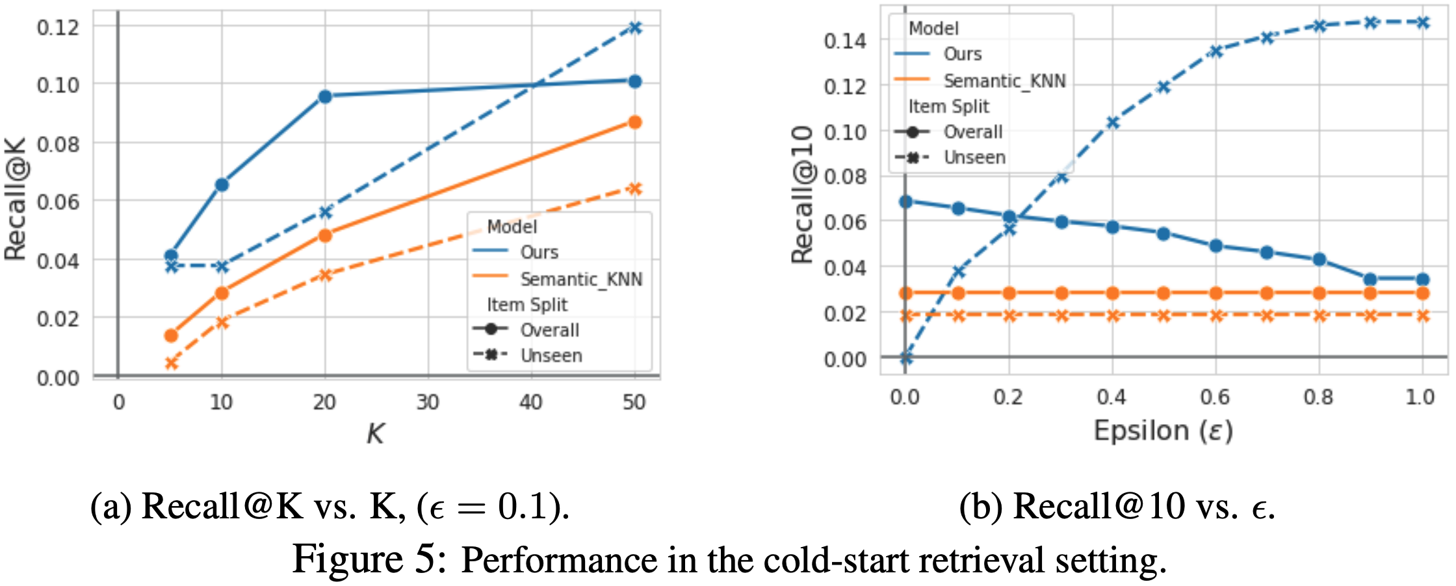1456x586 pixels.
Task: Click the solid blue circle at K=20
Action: click(x=325, y=96)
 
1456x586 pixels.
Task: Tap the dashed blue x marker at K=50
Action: click(x=635, y=27)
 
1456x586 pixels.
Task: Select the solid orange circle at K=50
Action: click(x=635, y=122)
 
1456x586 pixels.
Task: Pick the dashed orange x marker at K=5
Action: click(x=171, y=363)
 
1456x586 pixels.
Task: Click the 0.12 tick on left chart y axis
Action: click(x=58, y=27)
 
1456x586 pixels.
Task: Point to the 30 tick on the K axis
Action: click(x=428, y=402)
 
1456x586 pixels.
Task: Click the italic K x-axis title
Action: click(x=376, y=433)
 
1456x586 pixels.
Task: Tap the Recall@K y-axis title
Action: click(x=16, y=199)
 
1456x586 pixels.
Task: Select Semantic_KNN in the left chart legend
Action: click(x=580, y=279)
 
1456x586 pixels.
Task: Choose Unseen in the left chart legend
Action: click(x=551, y=356)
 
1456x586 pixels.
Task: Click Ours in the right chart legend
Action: click(x=962, y=54)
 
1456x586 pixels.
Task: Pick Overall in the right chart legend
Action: click(x=972, y=132)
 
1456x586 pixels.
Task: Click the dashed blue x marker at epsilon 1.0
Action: click(x=1422, y=23)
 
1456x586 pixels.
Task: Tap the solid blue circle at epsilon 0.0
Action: click(x=905, y=202)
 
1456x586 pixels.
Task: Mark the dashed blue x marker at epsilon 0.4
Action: click(x=1113, y=122)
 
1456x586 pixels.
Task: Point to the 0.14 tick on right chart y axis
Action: click(x=845, y=41)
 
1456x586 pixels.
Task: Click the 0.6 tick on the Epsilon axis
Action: click(x=1215, y=397)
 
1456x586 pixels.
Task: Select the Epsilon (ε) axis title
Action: click(x=1163, y=431)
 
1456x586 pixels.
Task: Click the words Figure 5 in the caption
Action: click(x=369, y=559)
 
